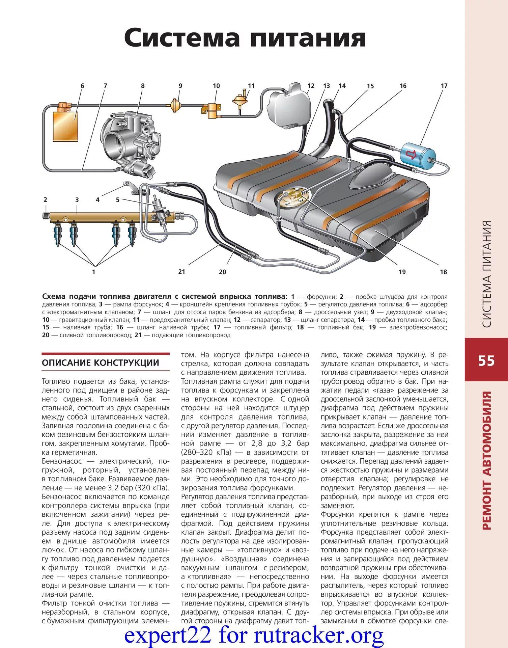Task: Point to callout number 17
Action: click(444, 86)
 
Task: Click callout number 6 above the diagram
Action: click(82, 86)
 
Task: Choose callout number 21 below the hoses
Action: click(181, 271)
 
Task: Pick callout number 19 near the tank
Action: click(402, 272)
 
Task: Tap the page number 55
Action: click(486, 361)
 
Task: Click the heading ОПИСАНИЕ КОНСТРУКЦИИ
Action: click(100, 363)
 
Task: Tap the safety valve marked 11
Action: click(239, 99)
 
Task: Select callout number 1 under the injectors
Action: click(94, 271)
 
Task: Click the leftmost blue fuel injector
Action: click(58, 235)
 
